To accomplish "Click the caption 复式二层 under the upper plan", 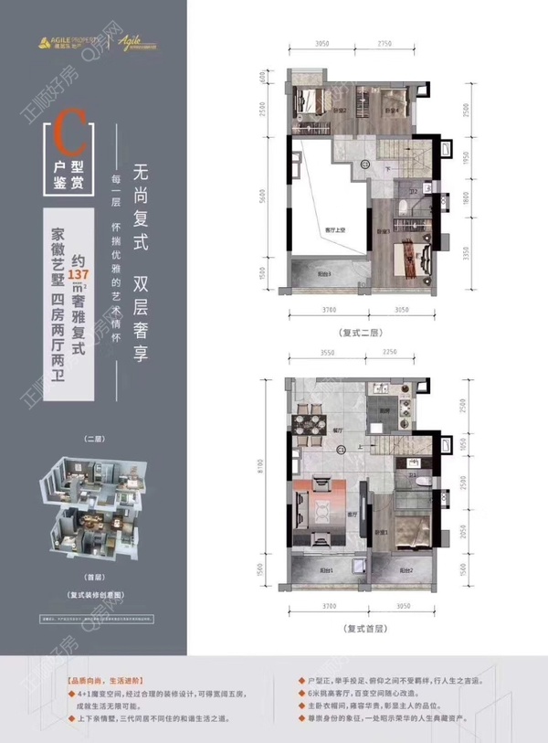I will click(x=363, y=333).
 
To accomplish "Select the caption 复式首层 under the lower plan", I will click(x=363, y=629).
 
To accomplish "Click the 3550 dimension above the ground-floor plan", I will click(x=315, y=353).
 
